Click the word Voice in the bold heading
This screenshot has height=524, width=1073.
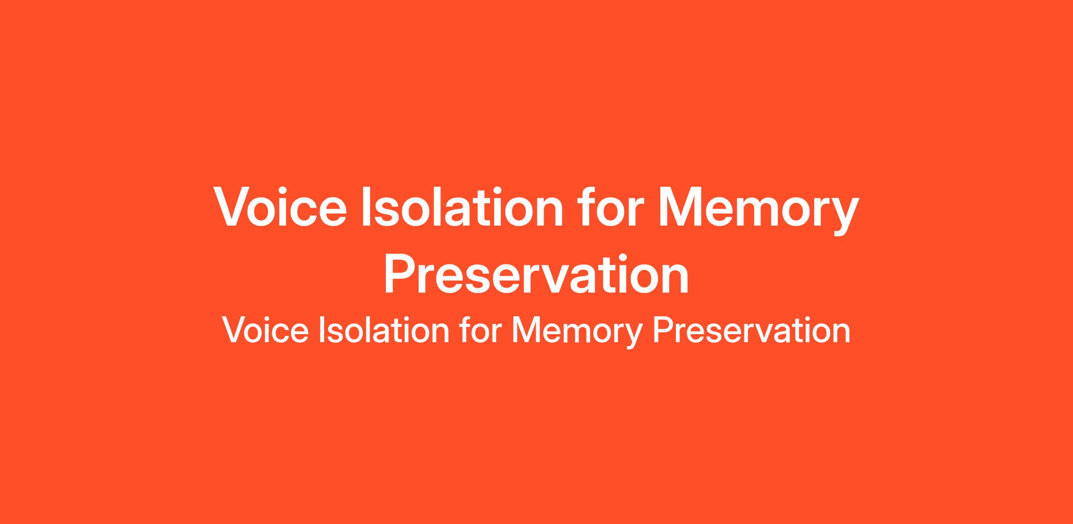(280, 207)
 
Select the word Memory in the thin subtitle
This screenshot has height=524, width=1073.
(577, 332)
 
